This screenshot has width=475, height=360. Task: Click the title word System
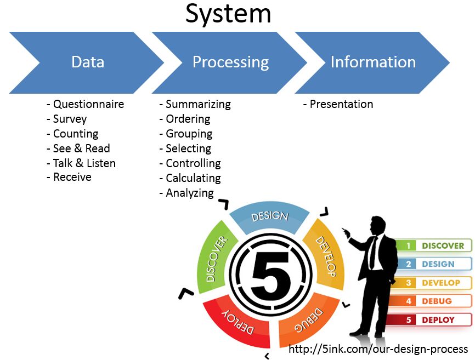228,14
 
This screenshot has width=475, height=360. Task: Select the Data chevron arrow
88,62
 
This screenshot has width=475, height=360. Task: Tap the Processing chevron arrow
230,62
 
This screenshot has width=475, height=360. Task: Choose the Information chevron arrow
373,62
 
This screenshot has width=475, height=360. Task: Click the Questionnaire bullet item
88,104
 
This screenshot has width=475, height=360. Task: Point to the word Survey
70,119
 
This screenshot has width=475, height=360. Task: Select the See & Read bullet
81,148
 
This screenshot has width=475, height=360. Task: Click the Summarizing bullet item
197,104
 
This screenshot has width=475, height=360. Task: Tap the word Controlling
193,163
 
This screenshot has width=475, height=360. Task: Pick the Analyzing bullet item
189,193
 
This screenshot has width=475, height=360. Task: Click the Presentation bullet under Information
341,104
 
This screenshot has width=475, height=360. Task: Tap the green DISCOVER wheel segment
216,258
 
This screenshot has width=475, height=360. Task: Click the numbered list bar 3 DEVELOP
433,283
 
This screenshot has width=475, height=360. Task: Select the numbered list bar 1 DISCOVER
433,246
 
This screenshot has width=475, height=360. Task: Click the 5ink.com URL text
378,349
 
